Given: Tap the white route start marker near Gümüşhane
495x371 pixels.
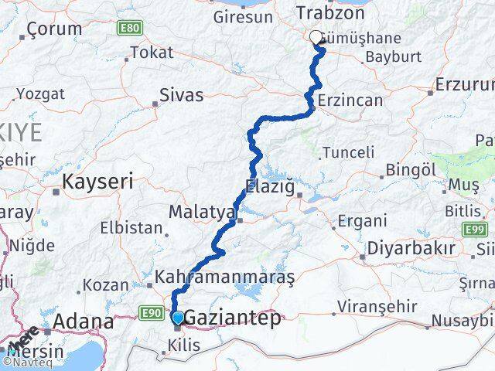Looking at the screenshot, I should click(x=316, y=36).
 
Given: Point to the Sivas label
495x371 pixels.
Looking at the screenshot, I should click(x=181, y=96).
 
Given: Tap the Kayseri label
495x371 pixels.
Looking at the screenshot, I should click(x=97, y=182).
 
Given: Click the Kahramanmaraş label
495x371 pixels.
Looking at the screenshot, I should click(x=214, y=276).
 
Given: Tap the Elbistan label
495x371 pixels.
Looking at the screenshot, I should click(x=132, y=229).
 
